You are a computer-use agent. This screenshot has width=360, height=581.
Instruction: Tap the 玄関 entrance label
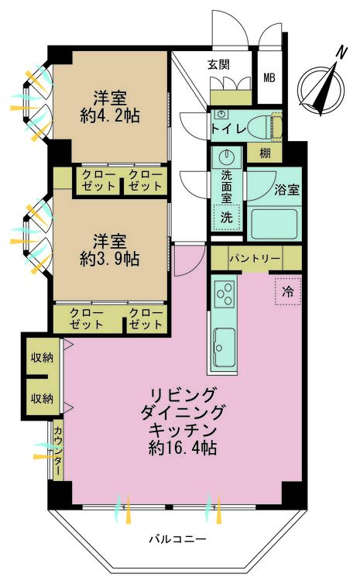point(218,65)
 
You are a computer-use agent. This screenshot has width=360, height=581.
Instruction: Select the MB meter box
point(269,77)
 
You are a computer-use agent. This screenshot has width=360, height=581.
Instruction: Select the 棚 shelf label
point(266,153)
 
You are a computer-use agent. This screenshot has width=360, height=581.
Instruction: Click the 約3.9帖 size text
point(109,259)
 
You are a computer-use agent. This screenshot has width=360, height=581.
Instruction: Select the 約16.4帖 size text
point(183,448)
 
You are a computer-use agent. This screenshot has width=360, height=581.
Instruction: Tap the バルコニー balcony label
point(178,538)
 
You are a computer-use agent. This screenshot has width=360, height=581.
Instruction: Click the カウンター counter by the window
point(57,449)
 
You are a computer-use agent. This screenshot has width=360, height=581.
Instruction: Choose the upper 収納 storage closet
point(42,357)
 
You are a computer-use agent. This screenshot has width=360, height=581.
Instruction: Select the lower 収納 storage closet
point(42,398)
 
